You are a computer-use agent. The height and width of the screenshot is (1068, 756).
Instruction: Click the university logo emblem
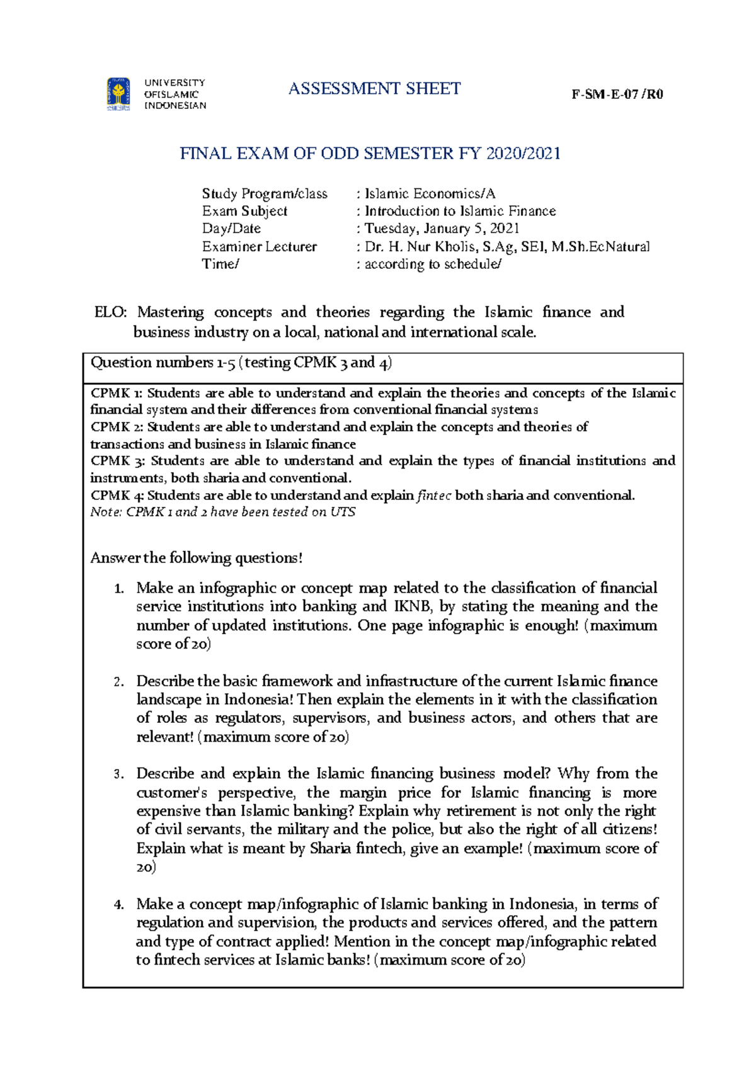[118, 94]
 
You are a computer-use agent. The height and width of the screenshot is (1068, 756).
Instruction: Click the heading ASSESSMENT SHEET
[374, 89]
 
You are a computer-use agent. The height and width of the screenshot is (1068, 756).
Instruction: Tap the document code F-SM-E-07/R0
[617, 94]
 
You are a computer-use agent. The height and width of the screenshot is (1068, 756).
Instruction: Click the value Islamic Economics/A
[430, 193]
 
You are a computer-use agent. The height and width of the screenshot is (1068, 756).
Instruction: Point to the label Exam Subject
[244, 211]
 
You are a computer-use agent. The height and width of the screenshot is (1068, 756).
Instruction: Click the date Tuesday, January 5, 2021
[442, 229]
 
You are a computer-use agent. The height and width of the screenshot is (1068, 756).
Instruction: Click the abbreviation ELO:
[110, 312]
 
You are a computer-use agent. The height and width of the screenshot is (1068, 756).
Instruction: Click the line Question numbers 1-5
[241, 363]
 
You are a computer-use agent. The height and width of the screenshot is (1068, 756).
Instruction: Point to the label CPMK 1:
[116, 394]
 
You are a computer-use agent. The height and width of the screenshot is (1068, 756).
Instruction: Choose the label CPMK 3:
[117, 461]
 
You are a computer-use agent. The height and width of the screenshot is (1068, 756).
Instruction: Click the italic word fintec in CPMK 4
[434, 496]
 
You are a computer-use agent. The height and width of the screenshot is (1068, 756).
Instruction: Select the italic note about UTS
[222, 512]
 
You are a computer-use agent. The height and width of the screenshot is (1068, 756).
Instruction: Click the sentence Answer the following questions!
[197, 558]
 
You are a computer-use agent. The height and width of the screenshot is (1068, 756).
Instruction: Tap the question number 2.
[118, 682]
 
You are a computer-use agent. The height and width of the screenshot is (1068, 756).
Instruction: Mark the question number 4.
[118, 905]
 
